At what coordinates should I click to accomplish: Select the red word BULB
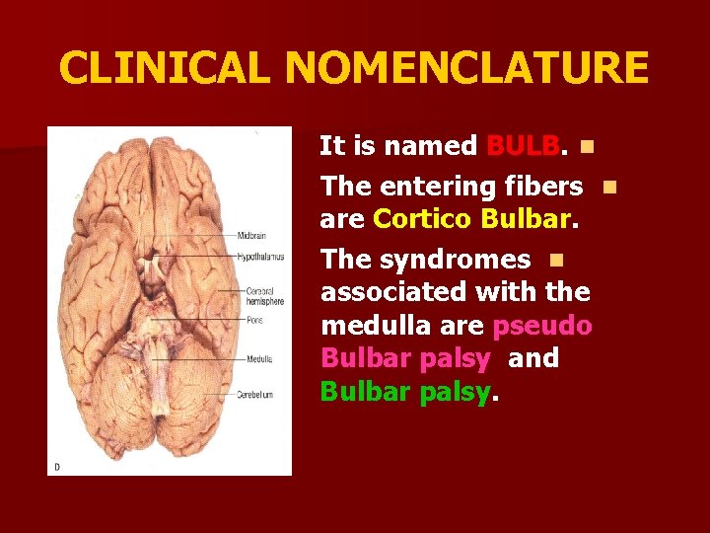(523, 147)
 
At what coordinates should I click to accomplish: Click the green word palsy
(455, 393)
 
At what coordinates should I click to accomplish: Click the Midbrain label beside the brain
(251, 236)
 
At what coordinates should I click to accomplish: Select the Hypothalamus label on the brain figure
(260, 257)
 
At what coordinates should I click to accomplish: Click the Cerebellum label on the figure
(255, 395)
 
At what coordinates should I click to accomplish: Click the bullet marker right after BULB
(587, 148)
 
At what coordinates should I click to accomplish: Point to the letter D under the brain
(55, 467)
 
